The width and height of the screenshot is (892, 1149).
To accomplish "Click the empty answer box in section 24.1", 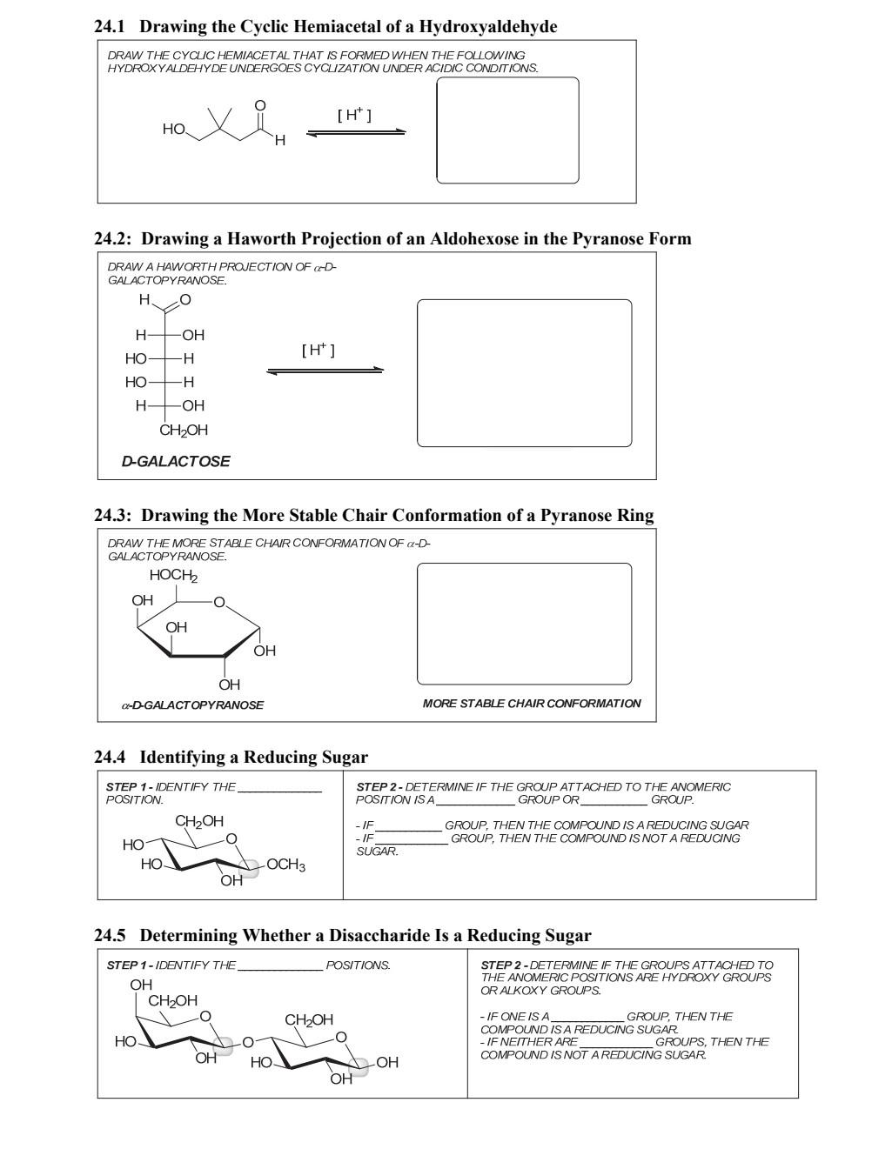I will (507, 130).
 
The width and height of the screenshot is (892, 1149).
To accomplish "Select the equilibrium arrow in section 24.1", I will (356, 132).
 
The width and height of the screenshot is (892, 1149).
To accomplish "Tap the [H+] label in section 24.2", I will (319, 350).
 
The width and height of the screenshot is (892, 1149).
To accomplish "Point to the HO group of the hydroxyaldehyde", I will (173, 129).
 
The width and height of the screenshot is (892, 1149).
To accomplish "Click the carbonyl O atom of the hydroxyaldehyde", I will (259, 105).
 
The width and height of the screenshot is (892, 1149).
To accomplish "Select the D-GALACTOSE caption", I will (176, 461).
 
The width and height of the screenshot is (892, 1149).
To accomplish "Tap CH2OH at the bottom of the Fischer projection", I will (184, 430).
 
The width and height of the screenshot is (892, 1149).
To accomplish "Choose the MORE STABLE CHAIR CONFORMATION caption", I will (532, 703).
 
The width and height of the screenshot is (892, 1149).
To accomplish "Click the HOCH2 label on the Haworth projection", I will (173, 576).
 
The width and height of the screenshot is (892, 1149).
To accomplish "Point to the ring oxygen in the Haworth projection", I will (219, 602).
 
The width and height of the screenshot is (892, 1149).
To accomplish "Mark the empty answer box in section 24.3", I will (524, 624).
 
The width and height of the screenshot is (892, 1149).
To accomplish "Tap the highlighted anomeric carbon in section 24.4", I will (249, 867).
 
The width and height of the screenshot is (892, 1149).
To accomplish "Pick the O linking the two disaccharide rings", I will (247, 1041).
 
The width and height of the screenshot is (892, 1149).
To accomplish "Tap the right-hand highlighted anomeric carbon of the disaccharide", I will (358, 1066).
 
